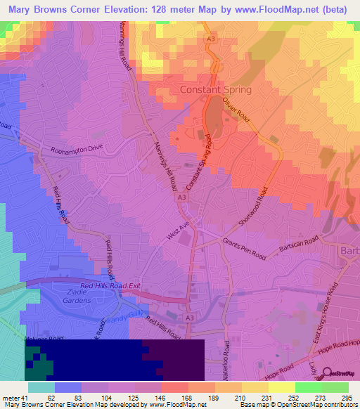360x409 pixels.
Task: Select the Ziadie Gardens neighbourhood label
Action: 75,296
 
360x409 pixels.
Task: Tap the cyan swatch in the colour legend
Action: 41,387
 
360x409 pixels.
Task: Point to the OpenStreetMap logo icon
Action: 327,373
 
